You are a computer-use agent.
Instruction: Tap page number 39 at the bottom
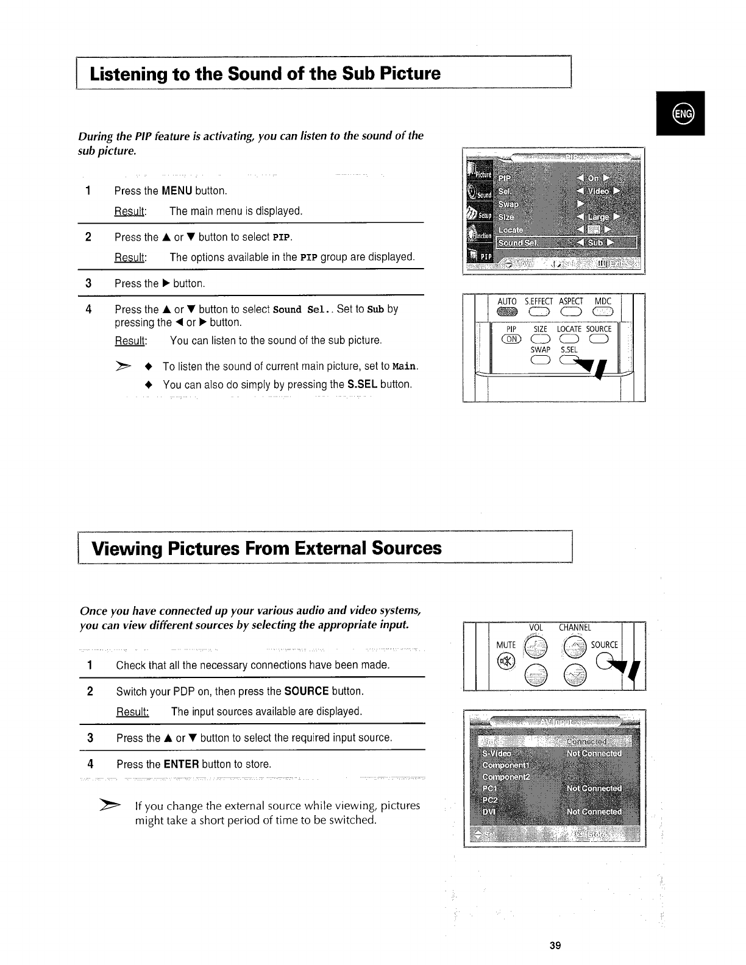[x=554, y=946]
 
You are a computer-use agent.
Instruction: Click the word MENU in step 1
[x=177, y=191]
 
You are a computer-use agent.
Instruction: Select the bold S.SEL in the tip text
[x=362, y=384]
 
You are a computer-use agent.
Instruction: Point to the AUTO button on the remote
[x=506, y=313]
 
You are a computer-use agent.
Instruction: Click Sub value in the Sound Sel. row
[x=595, y=242]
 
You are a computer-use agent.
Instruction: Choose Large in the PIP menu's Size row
[x=598, y=217]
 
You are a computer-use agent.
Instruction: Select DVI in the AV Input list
[x=489, y=812]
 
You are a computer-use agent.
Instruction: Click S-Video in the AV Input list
[x=497, y=753]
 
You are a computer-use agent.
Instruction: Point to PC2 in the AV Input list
[x=490, y=800]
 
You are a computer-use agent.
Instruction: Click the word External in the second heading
[x=330, y=548]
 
